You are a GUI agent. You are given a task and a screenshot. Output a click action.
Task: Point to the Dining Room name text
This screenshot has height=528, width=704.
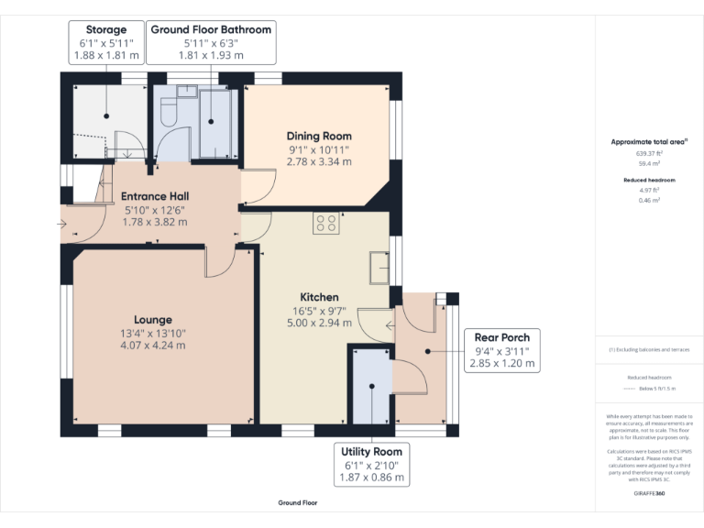click(x=319, y=136)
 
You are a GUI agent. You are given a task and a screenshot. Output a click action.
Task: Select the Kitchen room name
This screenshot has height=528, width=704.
click(x=319, y=297)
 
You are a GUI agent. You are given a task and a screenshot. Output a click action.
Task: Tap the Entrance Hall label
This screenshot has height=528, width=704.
click(x=155, y=196)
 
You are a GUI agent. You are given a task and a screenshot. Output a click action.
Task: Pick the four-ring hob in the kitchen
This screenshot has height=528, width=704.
click(x=326, y=223)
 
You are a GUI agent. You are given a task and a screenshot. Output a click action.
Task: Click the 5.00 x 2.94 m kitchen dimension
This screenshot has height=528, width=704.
click(x=319, y=323)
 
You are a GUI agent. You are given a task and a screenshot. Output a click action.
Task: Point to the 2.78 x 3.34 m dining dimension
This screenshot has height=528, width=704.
click(x=319, y=161)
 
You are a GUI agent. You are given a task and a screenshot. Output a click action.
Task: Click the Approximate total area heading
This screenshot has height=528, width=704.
click(x=649, y=142)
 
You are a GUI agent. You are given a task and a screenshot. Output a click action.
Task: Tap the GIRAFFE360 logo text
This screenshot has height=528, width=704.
click(x=649, y=493)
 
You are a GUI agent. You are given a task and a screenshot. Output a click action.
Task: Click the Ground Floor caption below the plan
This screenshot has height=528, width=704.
click(x=298, y=503)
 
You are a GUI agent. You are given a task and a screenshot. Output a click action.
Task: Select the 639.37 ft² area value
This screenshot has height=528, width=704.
click(x=649, y=154)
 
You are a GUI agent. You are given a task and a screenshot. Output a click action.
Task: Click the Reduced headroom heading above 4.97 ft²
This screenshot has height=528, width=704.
click(x=649, y=180)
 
